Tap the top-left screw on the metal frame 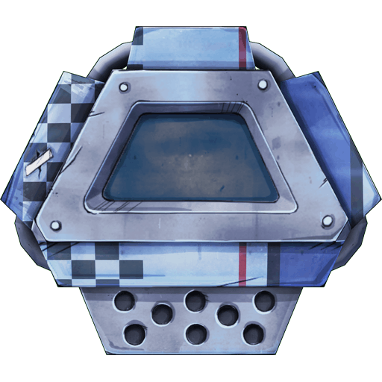pos(122,84)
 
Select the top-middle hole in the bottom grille pos(195,301)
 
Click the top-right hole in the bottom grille pos(263,301)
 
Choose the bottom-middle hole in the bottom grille pos(195,333)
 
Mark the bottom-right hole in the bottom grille pos(253,333)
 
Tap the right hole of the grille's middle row pos(228,316)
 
